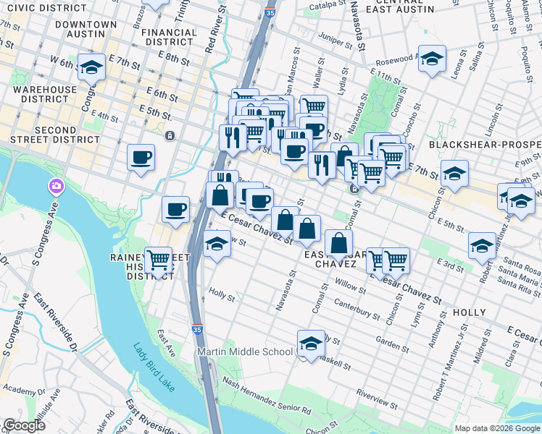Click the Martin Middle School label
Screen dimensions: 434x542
246,352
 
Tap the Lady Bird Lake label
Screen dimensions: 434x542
154,367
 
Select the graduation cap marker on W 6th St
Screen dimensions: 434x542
91,68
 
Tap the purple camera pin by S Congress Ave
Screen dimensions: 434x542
56,188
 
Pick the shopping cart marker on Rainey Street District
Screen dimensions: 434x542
158,260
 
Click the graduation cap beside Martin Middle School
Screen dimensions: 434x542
311,343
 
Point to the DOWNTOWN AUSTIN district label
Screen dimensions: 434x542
86,29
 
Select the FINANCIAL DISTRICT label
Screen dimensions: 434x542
169,37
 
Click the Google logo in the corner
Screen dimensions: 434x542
24,426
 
